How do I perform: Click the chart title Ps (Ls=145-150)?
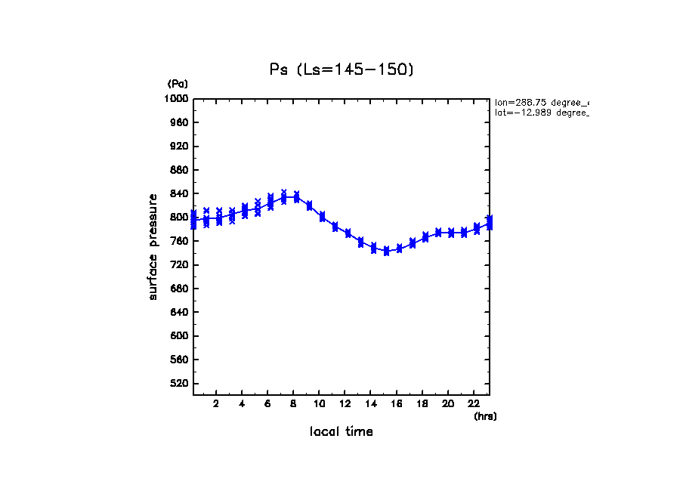point(341,69)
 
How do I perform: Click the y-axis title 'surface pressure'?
point(153,246)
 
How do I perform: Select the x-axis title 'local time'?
point(341,432)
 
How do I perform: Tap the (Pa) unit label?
point(178,84)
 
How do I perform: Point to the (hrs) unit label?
point(485,416)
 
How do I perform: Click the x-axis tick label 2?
point(216,404)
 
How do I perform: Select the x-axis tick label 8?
point(293,404)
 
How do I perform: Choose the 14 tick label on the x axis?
point(370,404)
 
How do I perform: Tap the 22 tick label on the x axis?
point(474,404)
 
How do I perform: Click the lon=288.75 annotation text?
point(541,102)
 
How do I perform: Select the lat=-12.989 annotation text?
point(541,113)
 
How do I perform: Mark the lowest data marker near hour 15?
point(386,252)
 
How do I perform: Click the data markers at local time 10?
point(323,217)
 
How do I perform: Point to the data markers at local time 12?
point(348,233)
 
